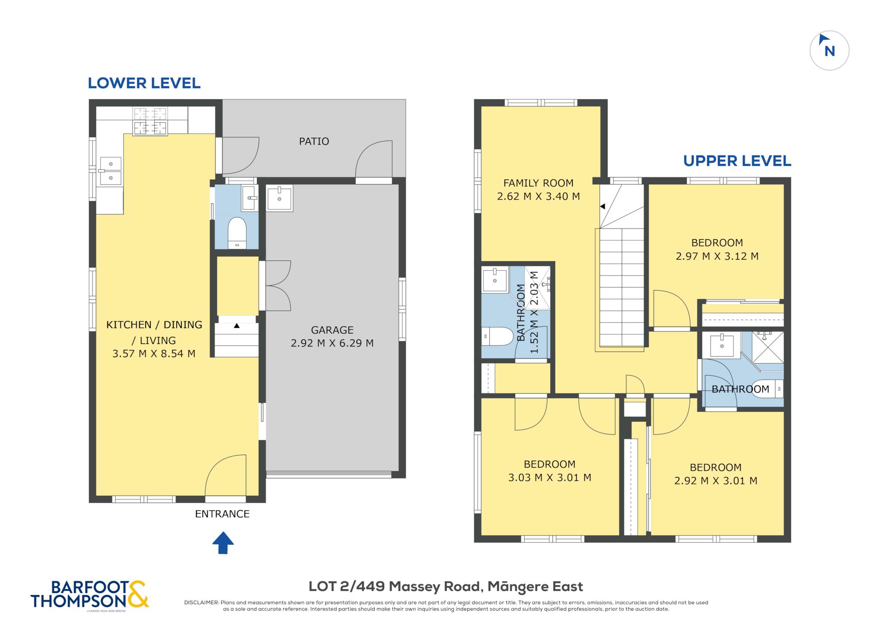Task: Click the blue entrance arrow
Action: point(223,542)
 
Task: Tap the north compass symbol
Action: point(829,50)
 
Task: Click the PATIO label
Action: point(314,141)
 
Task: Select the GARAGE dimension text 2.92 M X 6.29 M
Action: point(332,343)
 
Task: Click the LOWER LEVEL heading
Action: point(144,83)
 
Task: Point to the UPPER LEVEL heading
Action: point(737,161)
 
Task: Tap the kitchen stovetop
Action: point(150,121)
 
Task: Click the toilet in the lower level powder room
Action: point(237,233)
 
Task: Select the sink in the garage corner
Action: point(279,198)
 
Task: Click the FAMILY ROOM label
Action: point(538,183)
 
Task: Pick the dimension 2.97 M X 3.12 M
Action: point(717,256)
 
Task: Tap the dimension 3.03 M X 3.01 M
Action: point(550,477)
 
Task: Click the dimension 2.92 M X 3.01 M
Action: point(715,480)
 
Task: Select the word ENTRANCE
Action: point(222,514)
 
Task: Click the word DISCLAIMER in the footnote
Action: point(201,602)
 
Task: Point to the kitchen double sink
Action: point(111,171)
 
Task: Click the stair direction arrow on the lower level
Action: point(237,326)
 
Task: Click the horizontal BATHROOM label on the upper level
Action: point(740,389)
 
